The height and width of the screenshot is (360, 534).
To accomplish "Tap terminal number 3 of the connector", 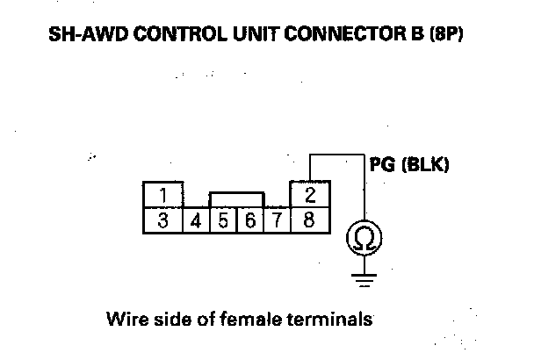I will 163,220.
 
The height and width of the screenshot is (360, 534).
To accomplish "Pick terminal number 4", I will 197,220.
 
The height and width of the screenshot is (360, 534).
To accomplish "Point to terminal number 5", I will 223,220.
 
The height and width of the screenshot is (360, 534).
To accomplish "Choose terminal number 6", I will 249,220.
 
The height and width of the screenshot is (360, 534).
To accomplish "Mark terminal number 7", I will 277,220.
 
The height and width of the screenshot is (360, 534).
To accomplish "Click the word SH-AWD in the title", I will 82,39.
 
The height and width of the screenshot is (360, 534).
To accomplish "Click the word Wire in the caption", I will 122,318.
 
